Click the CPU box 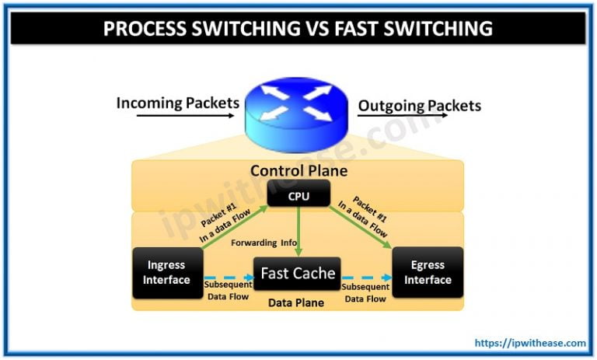pyautogui.click(x=298, y=196)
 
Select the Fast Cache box pyautogui.click(x=298, y=274)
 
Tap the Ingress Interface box pyautogui.click(x=166, y=272)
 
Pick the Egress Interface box pyautogui.click(x=428, y=272)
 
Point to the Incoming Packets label pyautogui.click(x=176, y=103)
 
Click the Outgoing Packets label pyautogui.click(x=419, y=106)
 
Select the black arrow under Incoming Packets pyautogui.click(x=185, y=117)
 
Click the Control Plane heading pyautogui.click(x=298, y=170)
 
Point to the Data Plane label pyautogui.click(x=298, y=302)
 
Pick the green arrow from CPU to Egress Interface pyautogui.click(x=365, y=225)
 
